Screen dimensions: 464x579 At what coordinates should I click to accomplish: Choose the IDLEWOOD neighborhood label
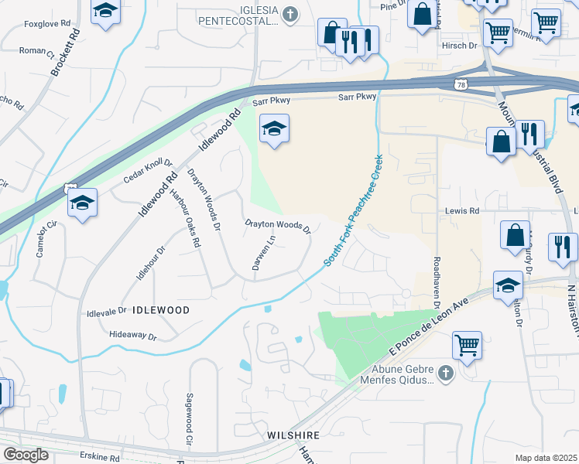(x=161, y=309)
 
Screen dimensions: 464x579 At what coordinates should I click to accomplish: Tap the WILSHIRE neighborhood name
(x=293, y=435)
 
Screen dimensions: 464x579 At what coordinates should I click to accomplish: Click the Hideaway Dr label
(x=133, y=337)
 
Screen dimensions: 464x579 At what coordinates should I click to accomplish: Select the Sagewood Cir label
(x=188, y=418)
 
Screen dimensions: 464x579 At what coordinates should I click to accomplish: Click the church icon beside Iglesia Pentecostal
(x=289, y=13)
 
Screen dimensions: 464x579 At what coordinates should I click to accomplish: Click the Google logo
(x=26, y=454)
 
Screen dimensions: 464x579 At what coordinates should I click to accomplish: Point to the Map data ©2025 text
(x=546, y=457)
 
